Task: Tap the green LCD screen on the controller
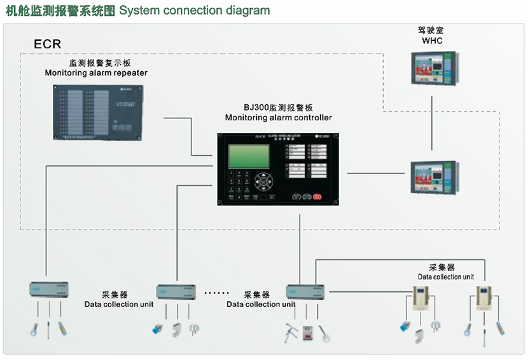248,156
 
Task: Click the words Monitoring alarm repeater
96,73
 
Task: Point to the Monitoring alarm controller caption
278,118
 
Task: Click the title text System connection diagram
194,11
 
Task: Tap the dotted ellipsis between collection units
216,293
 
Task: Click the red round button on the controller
317,197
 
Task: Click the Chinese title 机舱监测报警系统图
60,11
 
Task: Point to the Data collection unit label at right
445,277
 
